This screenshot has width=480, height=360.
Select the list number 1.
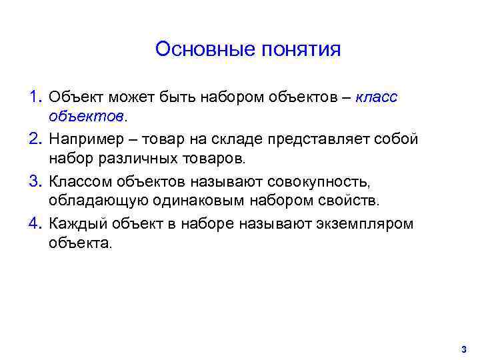point(35,97)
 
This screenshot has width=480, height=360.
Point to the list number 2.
point(35,139)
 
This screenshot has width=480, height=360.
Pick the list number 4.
point(35,223)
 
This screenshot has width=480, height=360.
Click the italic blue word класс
point(377,97)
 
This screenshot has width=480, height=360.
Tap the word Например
point(86,140)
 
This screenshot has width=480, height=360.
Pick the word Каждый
point(75,224)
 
